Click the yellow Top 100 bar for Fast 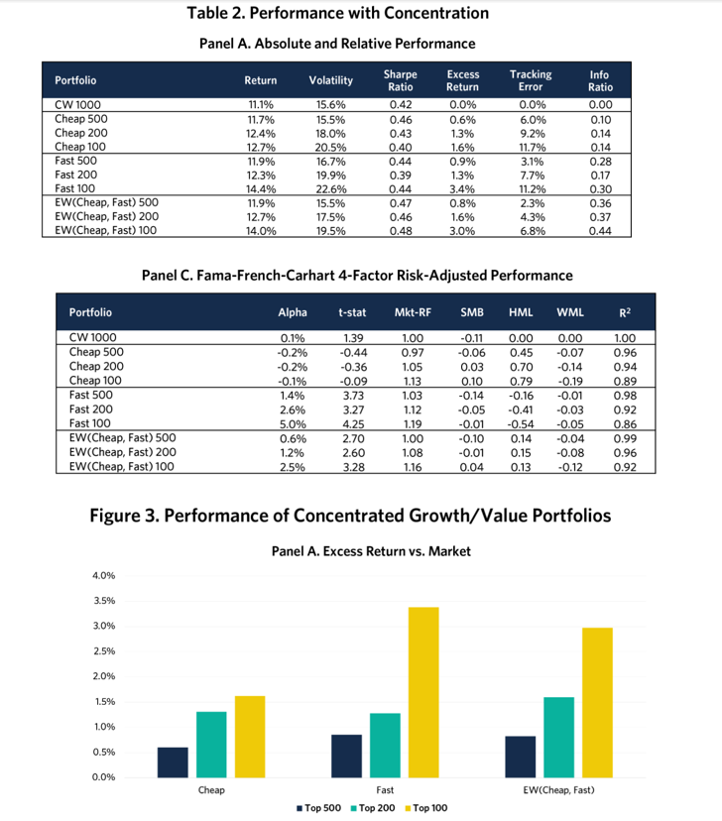click(x=423, y=690)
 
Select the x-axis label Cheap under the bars click(x=211, y=790)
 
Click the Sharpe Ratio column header click(x=400, y=80)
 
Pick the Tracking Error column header click(x=531, y=80)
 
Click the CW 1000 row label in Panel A click(x=77, y=103)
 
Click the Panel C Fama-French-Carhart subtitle click(x=359, y=275)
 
